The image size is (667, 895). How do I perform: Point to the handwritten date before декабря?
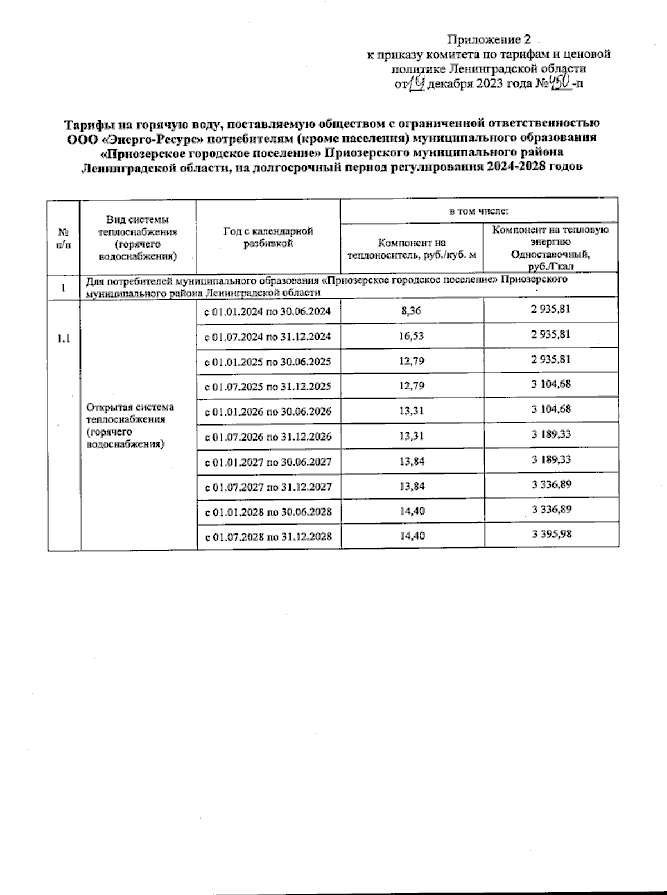(417, 83)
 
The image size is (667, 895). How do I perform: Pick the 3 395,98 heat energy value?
(551, 534)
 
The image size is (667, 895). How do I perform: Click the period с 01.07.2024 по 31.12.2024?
(268, 337)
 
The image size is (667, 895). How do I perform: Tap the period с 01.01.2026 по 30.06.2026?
(268, 412)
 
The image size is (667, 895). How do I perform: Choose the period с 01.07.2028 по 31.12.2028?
(268, 537)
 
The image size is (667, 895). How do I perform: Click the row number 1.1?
(64, 338)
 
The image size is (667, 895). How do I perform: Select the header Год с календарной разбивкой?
(268, 237)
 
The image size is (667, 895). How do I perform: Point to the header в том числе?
(479, 211)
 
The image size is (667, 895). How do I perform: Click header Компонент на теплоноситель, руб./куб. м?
(411, 249)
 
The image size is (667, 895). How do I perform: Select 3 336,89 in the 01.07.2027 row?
(551, 484)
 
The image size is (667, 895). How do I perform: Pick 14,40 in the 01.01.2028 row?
(412, 511)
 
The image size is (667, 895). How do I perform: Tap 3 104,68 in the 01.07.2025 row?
(551, 384)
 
